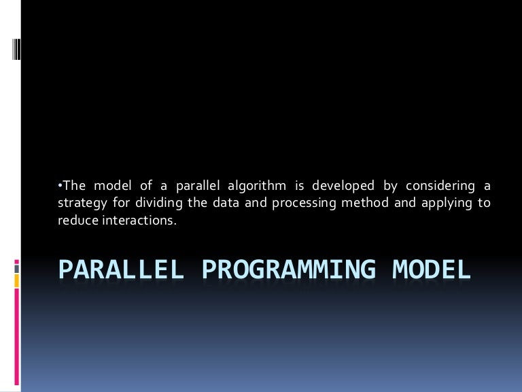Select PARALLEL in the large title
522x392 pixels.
121,269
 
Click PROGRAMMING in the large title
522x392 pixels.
289,269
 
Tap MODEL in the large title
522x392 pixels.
432,269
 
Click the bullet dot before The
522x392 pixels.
59,184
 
